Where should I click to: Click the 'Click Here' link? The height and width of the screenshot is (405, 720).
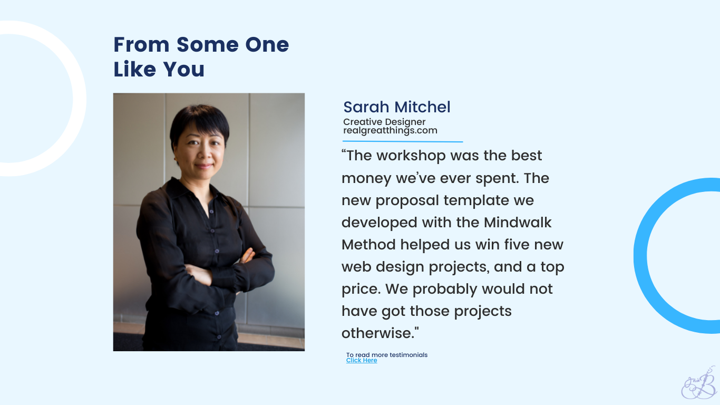(x=361, y=360)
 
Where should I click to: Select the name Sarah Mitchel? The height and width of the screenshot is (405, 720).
(x=397, y=107)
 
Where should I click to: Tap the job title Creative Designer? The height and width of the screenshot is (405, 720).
(x=384, y=122)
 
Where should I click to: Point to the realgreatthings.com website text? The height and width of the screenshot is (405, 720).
(x=390, y=131)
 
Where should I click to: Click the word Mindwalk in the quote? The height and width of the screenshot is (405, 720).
(x=518, y=223)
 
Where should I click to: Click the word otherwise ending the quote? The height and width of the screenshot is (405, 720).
(x=378, y=333)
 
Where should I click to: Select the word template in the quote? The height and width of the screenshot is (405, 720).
(x=476, y=201)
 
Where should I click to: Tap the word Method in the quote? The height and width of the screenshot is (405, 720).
(x=368, y=245)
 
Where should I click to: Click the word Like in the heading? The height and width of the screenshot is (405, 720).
(x=135, y=69)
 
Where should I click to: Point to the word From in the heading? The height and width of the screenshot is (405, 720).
(x=141, y=44)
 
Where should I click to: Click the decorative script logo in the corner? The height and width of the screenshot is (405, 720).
(x=699, y=383)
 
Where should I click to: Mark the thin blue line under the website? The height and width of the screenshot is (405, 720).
(x=403, y=141)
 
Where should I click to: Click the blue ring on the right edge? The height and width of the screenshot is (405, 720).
(x=640, y=256)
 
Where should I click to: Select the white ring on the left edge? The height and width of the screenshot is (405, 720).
(x=79, y=99)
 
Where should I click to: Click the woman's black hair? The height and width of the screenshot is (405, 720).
(x=199, y=121)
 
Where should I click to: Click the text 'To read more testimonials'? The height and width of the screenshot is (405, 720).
(x=387, y=355)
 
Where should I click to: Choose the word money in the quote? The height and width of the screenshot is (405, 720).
(x=366, y=179)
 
